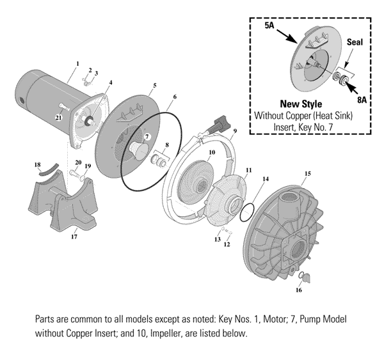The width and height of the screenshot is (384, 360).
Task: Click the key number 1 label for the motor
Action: pos(77,63)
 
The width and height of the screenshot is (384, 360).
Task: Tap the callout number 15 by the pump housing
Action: pos(307,173)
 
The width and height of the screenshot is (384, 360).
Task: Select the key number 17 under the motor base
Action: pos(74,237)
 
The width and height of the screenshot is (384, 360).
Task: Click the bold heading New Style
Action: pos(301,104)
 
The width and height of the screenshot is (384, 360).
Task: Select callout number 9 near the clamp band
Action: pos(235,131)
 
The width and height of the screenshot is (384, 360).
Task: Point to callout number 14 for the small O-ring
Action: pos(266,180)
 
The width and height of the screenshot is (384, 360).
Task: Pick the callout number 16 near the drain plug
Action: pos(298,290)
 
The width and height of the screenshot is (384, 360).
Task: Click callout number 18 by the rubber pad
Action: pos(36,165)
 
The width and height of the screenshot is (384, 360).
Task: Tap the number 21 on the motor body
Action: pos(58,118)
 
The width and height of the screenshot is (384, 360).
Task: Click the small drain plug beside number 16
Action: pos(305,277)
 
